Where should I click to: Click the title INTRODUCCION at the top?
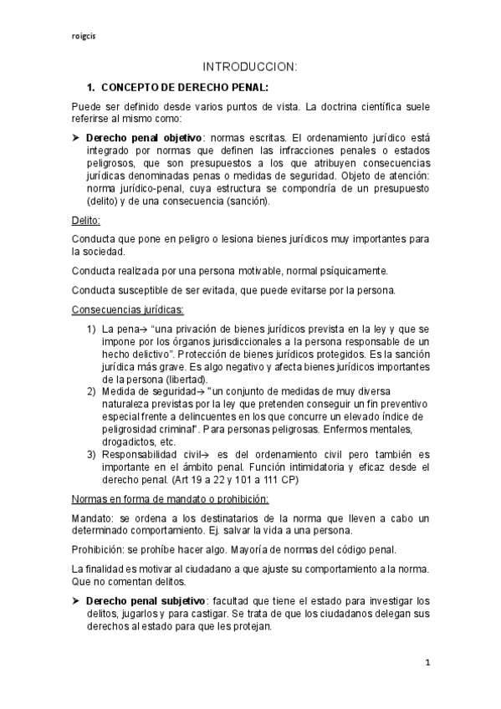tap(250, 67)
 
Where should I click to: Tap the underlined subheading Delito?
tap(86, 220)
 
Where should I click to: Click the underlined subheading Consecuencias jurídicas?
tap(117, 309)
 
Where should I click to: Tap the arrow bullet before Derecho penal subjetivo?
tap(76, 601)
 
